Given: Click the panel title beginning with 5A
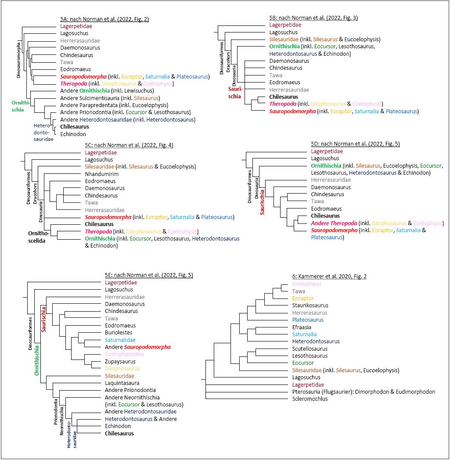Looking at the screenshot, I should click(104, 19).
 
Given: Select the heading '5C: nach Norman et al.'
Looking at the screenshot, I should click(129, 145).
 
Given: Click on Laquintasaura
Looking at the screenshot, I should click(121, 383).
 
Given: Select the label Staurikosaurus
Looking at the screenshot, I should click(310, 305).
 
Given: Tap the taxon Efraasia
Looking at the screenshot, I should click(302, 327).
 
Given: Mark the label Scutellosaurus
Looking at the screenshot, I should click(310, 349).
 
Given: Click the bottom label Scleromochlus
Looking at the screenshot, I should click(310, 399).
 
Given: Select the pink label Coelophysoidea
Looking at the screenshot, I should click(124, 354).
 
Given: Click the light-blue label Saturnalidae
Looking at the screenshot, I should click(120, 340).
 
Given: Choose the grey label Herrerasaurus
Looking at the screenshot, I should click(310, 313).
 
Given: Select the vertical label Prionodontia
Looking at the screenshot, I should click(56, 411).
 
